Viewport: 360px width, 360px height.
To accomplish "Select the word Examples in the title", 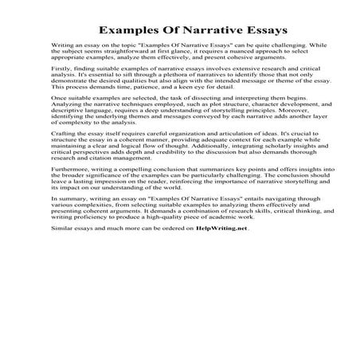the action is pos(104,30).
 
